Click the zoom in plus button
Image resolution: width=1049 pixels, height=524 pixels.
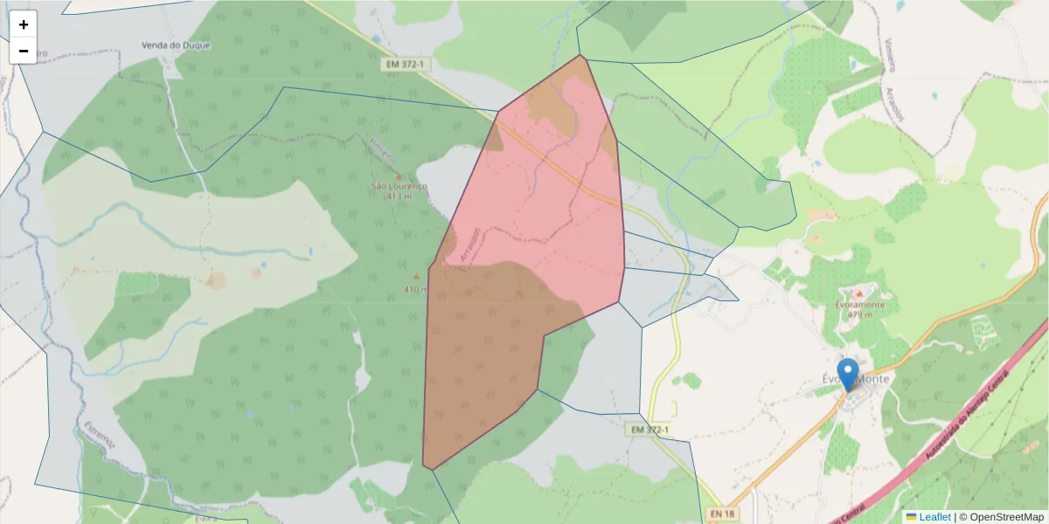(24, 24)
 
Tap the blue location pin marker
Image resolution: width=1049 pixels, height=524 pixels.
(847, 374)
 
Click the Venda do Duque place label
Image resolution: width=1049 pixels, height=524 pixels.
(177, 45)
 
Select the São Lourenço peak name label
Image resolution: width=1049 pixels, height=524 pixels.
(399, 187)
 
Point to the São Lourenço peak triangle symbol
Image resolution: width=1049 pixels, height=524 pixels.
(399, 176)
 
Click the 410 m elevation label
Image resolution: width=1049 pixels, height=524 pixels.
(415, 289)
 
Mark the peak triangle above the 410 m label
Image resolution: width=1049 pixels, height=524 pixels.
(416, 277)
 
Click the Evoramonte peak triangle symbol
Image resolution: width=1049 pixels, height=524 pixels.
(859, 293)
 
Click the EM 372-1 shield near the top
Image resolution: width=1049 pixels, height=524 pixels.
(404, 65)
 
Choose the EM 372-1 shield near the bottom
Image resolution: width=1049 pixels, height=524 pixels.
(650, 430)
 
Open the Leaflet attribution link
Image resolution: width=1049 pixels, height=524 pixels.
(934, 517)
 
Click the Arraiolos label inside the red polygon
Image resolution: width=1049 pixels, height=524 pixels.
(469, 245)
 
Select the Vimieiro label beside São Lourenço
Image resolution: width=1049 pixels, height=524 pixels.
(384, 152)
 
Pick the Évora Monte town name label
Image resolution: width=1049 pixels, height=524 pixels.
(857, 379)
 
